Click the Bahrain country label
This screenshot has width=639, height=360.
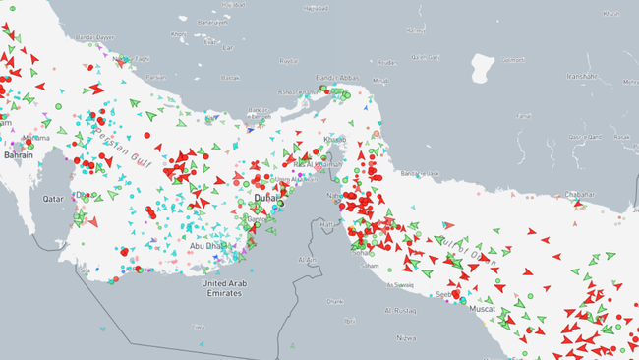point(17,155)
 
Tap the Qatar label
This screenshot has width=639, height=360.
point(52,198)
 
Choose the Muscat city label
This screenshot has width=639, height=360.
point(482,308)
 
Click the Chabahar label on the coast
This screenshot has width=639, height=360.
point(581,195)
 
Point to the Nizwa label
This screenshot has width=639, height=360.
point(406,336)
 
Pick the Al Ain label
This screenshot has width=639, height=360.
point(308,259)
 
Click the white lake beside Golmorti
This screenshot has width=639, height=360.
point(482,68)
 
